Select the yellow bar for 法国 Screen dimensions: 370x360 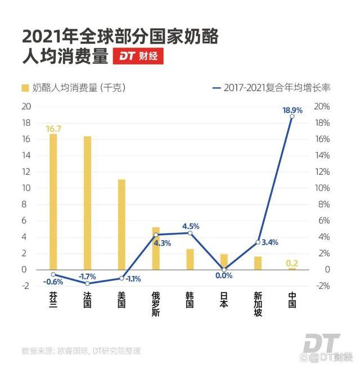click(87, 202)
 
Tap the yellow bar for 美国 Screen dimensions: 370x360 click(121, 224)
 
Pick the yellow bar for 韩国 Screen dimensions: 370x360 click(190, 259)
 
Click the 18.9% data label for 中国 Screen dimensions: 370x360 click(292, 111)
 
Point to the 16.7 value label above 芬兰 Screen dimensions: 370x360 click(53, 129)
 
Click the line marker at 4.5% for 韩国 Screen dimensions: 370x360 click(190, 233)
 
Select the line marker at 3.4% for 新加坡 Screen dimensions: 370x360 click(258, 242)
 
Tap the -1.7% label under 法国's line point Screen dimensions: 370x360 click(87, 276)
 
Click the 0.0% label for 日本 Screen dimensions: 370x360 click(224, 276)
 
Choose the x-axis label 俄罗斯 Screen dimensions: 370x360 click(156, 304)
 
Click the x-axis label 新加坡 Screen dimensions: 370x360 click(258, 304)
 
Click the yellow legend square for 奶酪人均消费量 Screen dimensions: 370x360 click(25, 88)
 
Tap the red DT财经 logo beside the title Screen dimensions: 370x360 click(138, 56)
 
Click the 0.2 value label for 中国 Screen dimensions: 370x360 click(292, 263)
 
